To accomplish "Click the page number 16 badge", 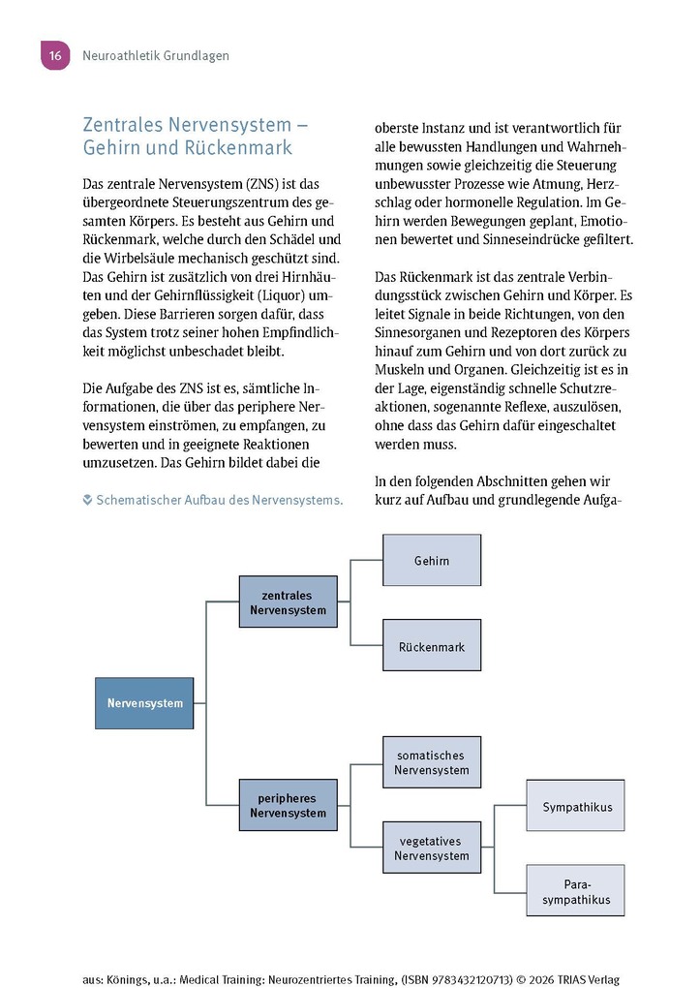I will tap(54, 56).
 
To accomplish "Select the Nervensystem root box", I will tap(144, 703).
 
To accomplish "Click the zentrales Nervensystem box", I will tap(288, 602).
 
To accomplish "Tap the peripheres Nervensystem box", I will tap(288, 805).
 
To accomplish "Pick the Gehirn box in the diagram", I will tap(432, 561).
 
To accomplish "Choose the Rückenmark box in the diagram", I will tap(432, 646).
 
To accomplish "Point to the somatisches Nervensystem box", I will tap(432, 762).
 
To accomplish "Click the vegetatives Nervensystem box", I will tap(432, 848).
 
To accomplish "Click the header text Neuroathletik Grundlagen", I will tap(156, 56).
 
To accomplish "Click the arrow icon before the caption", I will tap(88, 500).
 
